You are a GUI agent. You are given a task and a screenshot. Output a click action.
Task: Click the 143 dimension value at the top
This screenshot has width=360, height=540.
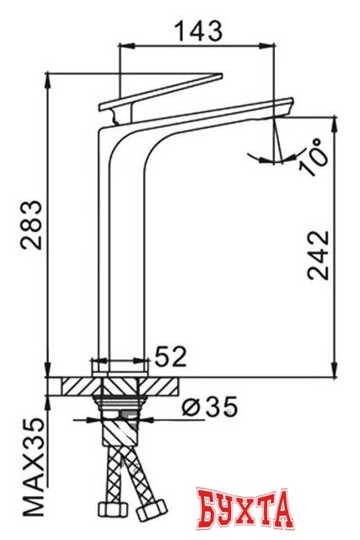point(198,31)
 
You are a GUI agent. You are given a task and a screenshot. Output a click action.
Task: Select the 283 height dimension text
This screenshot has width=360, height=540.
point(30,226)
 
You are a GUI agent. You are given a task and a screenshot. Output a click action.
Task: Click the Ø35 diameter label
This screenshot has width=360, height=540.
point(209,408)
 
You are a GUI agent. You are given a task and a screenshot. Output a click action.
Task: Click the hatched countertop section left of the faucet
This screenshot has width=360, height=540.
point(72,387)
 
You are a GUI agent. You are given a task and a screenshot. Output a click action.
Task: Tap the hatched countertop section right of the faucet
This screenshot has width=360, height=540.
point(164,387)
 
